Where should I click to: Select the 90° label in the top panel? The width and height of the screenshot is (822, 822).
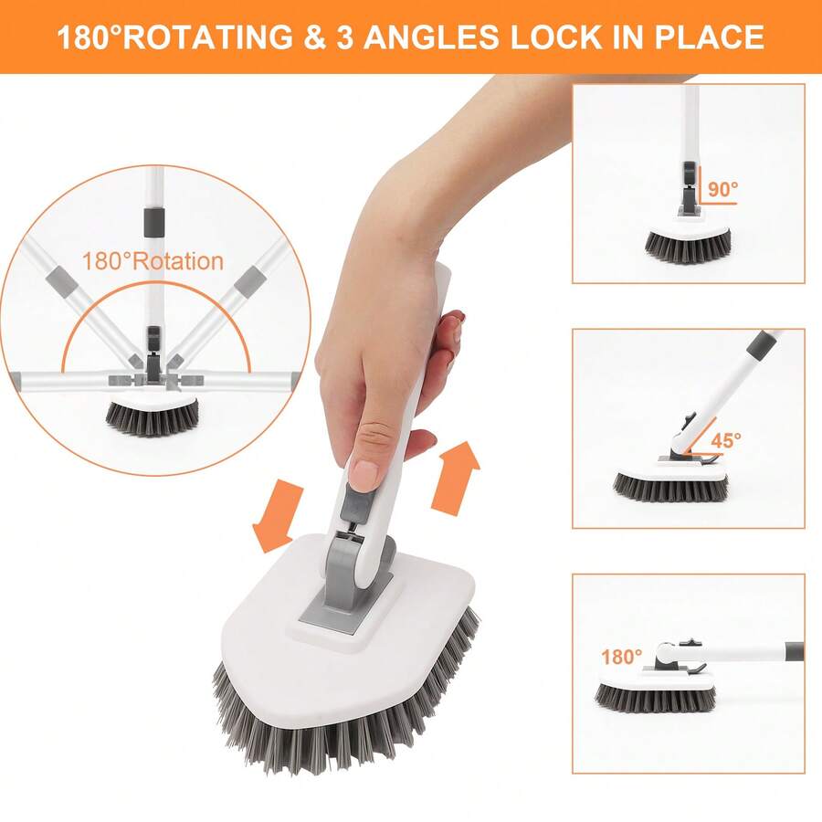[x=722, y=190]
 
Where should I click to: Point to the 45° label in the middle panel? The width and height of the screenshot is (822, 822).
[x=726, y=439]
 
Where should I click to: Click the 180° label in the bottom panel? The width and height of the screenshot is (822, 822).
[x=621, y=656]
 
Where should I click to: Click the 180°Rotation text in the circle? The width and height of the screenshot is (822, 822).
[x=153, y=261]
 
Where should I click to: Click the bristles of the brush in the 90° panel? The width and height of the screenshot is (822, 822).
[x=688, y=245]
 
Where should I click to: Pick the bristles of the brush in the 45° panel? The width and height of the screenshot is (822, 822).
[x=670, y=489]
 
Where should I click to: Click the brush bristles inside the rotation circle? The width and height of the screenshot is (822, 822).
[x=152, y=417]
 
